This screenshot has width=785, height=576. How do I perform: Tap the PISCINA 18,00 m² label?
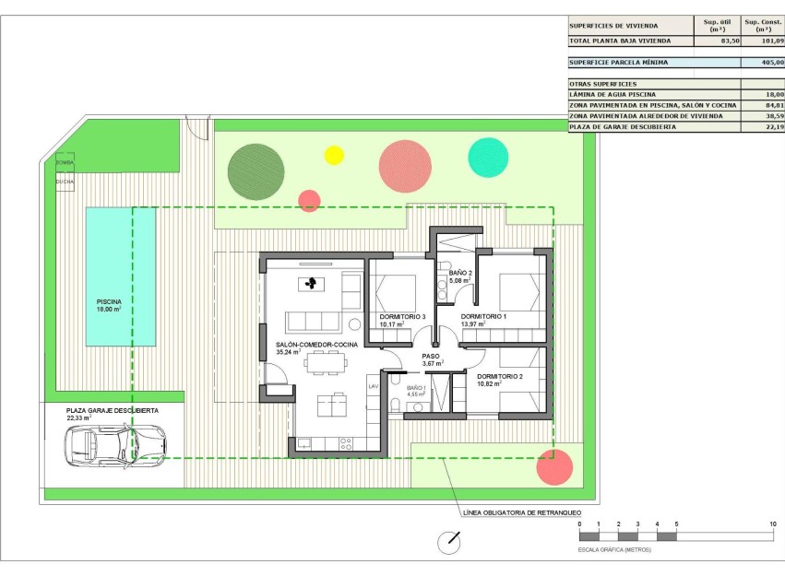click(x=109, y=305)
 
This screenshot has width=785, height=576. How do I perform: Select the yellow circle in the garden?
click(x=334, y=155)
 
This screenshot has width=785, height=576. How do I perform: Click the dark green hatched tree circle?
click(x=256, y=171)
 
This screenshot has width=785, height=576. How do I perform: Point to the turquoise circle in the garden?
click(x=488, y=158)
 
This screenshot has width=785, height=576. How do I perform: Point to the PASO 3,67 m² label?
click(x=432, y=359)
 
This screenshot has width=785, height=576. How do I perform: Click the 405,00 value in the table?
click(x=767, y=63)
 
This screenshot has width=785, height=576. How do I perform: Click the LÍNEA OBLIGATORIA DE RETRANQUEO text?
click(x=520, y=511)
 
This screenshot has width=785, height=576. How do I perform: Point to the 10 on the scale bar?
click(x=771, y=524)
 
